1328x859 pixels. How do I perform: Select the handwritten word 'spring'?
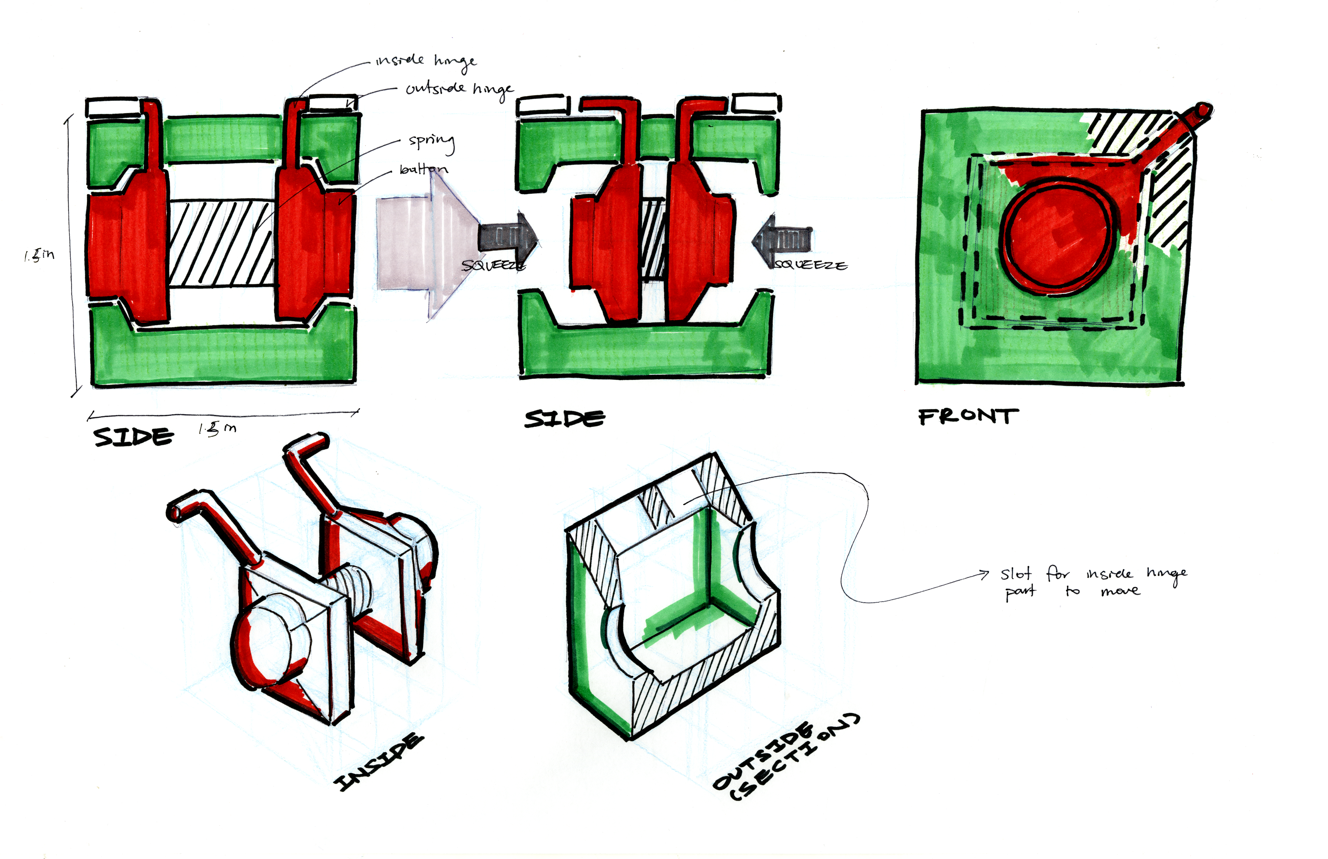tap(431, 141)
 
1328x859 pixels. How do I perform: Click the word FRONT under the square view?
tap(968, 417)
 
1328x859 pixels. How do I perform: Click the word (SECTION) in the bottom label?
tap(795, 759)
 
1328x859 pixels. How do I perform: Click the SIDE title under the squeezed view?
tap(565, 418)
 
